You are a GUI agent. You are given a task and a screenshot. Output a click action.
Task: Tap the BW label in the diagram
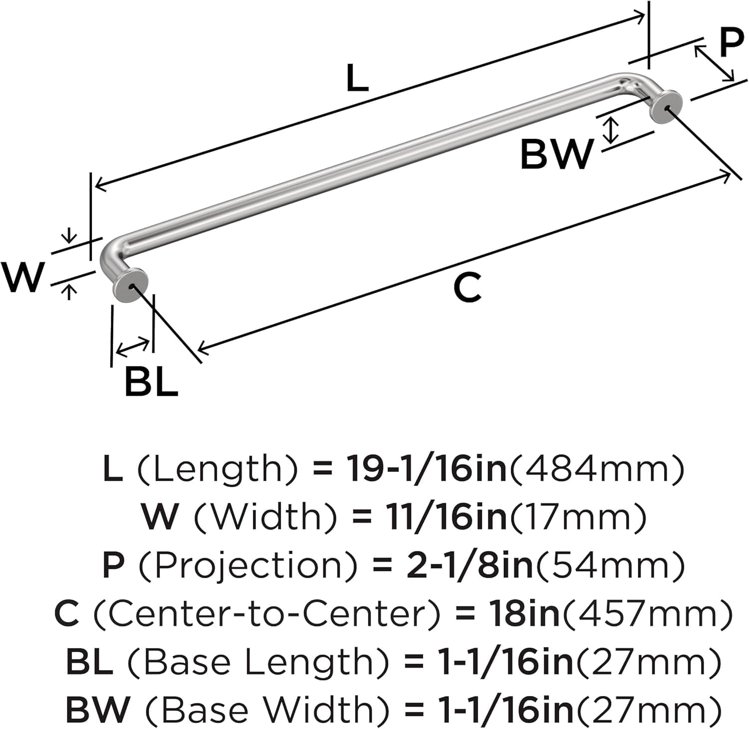click(x=557, y=154)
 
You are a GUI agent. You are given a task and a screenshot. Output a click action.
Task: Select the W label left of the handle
click(x=23, y=277)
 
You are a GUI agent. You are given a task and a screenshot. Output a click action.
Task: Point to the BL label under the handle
click(x=151, y=382)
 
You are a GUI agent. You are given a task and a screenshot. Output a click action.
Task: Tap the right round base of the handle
click(x=666, y=106)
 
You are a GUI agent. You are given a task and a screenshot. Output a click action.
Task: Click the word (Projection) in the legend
click(x=248, y=566)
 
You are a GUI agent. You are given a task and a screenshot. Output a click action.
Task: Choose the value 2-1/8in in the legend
click(x=469, y=566)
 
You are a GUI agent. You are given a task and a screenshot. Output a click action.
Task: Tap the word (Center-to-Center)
click(x=267, y=614)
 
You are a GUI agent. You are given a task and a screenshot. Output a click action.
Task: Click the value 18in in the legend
click(x=524, y=614)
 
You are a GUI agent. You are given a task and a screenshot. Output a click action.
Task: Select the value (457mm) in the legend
click(x=648, y=614)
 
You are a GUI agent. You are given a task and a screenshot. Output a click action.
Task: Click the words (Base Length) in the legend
click(x=258, y=662)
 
